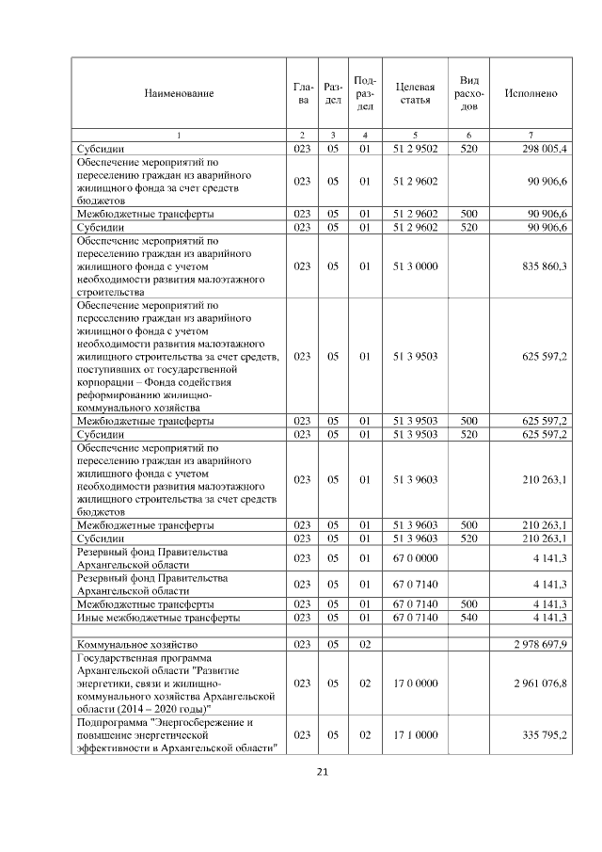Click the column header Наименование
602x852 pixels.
point(179,94)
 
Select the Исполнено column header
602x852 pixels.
point(531,94)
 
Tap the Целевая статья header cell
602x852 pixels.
point(415,94)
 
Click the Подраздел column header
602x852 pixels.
point(366,94)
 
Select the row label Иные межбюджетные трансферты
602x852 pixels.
point(158,618)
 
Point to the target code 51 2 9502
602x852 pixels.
point(415,149)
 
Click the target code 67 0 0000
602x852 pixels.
point(415,557)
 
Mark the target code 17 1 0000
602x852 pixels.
point(415,734)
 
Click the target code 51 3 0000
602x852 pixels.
point(415,266)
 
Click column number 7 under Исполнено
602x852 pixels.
point(531,137)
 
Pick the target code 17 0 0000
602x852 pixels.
point(415,683)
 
